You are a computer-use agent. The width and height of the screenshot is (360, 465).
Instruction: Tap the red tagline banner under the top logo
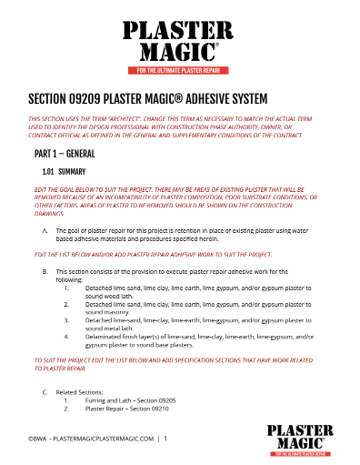click(180, 70)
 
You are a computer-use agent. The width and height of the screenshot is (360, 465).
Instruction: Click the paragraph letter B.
click(45, 271)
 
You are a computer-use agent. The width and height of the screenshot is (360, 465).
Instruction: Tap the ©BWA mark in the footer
click(37, 439)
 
